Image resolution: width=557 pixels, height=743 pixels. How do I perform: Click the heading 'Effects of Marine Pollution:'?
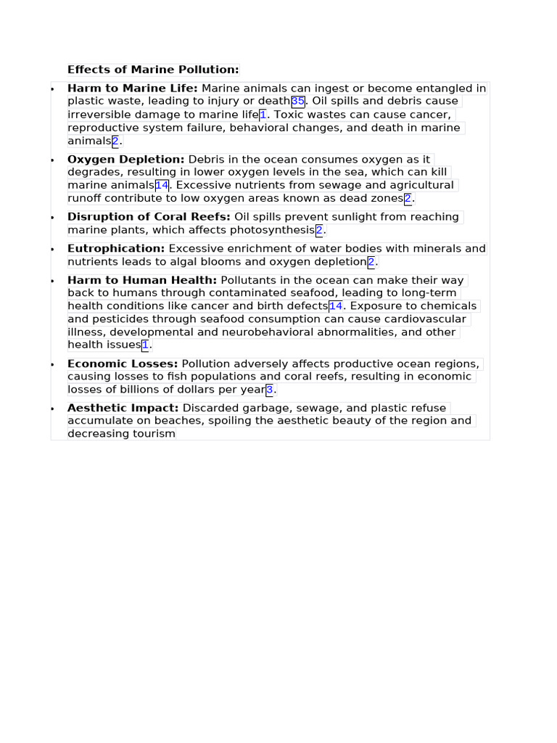pyautogui.click(x=153, y=70)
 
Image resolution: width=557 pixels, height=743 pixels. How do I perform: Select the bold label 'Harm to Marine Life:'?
pyautogui.click(x=132, y=89)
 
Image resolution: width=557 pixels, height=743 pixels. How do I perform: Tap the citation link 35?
pyautogui.click(x=298, y=102)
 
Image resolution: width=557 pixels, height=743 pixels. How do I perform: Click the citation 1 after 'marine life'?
pyautogui.click(x=263, y=115)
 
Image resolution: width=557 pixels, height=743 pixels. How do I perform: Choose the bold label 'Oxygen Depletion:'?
pyautogui.click(x=126, y=159)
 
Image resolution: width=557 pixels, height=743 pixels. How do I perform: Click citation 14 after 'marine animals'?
pyautogui.click(x=162, y=185)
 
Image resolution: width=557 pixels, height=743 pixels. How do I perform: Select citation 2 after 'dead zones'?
pyautogui.click(x=408, y=199)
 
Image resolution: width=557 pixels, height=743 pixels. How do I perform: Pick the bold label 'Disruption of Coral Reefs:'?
pyautogui.click(x=149, y=217)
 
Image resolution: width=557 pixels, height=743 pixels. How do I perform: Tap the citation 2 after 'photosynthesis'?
pyautogui.click(x=319, y=231)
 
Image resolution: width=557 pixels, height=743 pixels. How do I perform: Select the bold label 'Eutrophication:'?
pyautogui.click(x=116, y=249)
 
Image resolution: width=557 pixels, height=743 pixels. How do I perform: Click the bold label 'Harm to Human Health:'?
pyautogui.click(x=142, y=280)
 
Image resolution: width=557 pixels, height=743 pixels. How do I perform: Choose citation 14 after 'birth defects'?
pyautogui.click(x=336, y=306)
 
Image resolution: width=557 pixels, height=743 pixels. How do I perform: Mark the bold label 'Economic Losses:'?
pyautogui.click(x=123, y=364)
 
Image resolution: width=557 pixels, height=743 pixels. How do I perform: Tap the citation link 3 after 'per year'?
pyautogui.click(x=270, y=390)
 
